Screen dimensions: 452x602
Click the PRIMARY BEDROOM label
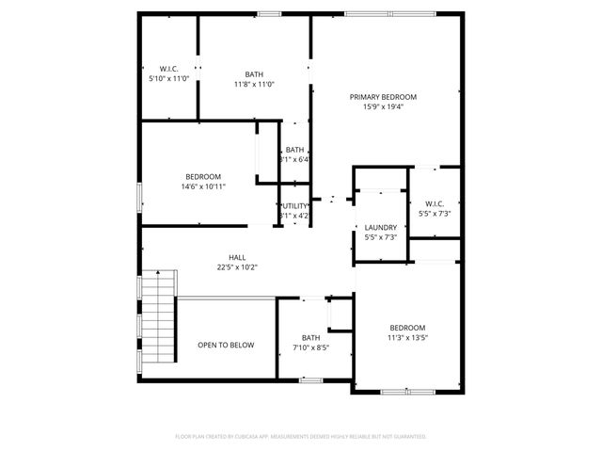tap(383, 97)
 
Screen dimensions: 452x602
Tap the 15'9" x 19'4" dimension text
tap(383, 106)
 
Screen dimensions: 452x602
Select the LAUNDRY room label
tap(380, 227)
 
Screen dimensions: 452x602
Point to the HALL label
tap(237, 257)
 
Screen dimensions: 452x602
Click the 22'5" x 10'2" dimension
tap(237, 267)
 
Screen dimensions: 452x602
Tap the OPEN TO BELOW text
tap(226, 346)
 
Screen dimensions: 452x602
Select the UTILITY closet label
tap(295, 205)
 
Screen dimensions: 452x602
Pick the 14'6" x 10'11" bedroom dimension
tap(203, 186)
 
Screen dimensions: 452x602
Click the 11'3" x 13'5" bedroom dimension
tap(407, 338)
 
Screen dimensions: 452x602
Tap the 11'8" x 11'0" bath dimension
tap(254, 85)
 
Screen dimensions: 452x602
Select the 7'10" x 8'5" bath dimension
tap(310, 347)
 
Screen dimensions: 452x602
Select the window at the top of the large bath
tap(269, 13)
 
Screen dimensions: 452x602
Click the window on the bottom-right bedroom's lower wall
tap(407, 390)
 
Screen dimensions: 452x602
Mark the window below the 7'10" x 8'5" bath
tap(310, 379)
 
